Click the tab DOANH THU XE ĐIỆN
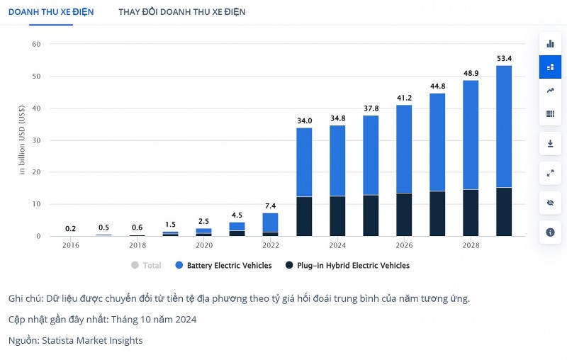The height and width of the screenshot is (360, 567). (50, 12)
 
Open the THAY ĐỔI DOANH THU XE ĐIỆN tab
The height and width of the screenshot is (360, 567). (182, 12)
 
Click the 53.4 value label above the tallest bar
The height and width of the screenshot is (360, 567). (504, 58)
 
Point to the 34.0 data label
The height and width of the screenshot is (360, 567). (304, 120)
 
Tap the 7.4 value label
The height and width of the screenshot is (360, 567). (271, 206)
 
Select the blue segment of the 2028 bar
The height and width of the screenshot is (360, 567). (471, 135)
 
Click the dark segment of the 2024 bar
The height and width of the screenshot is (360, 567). (337, 216)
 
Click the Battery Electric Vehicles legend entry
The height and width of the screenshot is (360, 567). (223, 266)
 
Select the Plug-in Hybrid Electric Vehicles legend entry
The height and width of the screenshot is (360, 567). (347, 266)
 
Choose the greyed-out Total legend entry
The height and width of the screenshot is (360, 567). (146, 266)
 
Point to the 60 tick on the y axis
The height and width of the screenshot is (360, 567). (36, 44)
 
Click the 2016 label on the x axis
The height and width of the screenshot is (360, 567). (71, 245)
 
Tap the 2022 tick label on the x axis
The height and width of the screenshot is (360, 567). (271, 245)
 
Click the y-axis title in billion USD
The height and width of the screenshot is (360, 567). (22, 140)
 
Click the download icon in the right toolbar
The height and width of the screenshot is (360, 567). (550, 143)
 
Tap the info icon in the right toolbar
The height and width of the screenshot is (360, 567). (550, 232)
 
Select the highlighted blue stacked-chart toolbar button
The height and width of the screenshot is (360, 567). (550, 67)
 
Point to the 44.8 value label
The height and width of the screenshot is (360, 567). (437, 86)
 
